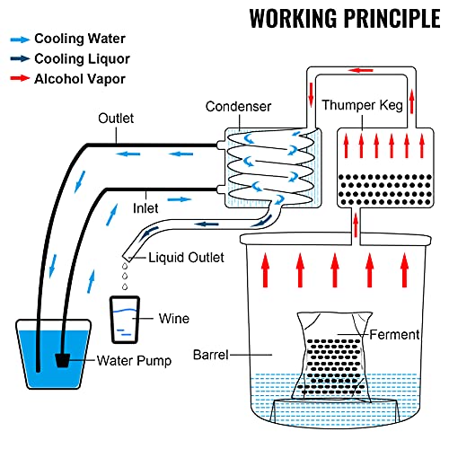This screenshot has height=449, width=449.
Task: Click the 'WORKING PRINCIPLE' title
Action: [345, 18]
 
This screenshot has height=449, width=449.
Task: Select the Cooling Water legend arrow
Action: [20, 40]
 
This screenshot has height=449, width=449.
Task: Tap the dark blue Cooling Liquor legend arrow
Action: [20, 58]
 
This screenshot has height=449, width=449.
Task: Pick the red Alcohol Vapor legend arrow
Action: [20, 78]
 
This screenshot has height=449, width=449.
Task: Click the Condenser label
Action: [238, 107]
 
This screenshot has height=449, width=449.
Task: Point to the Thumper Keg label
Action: [362, 106]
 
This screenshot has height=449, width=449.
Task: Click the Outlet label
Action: [116, 119]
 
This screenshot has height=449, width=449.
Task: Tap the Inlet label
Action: [145, 208]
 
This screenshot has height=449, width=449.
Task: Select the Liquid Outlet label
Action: [186, 258]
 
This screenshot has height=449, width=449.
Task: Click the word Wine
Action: [174, 319]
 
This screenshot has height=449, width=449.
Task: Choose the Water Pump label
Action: [134, 361]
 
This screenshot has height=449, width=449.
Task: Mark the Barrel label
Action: [211, 355]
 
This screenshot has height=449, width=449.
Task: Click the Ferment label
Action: [394, 335]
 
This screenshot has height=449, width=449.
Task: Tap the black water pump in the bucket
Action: [63, 360]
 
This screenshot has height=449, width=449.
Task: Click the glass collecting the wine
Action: [125, 320]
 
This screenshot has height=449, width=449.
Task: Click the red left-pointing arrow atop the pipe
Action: [361, 71]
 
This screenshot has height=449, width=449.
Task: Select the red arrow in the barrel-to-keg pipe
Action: [356, 224]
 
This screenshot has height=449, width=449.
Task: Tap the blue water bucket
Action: [53, 355]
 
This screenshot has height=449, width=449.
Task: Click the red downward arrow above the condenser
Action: [312, 94]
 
